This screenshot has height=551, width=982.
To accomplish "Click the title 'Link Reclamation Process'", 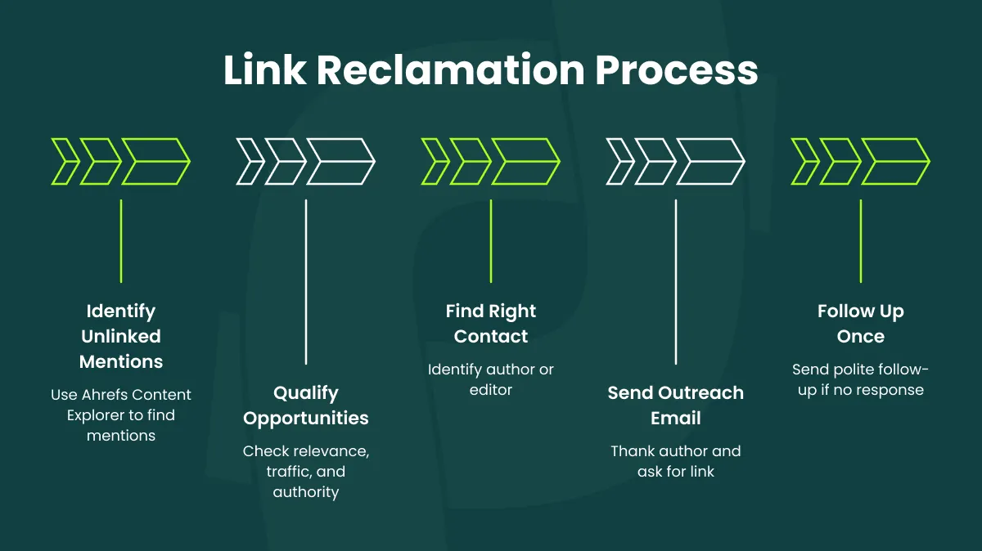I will (490, 70).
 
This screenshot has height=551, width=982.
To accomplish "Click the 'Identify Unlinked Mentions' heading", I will (121, 336).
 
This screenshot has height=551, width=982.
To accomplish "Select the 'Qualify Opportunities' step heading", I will (306, 405).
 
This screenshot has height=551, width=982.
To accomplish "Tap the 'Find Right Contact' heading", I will (491, 324).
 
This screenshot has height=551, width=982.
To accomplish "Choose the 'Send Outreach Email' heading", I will (675, 405).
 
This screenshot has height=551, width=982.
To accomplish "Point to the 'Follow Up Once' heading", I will (860, 324).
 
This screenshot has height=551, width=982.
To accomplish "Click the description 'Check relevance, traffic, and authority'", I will (306, 472).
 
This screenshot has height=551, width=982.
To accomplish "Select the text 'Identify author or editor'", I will (491, 379).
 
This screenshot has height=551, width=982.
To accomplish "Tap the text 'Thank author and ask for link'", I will (675, 461).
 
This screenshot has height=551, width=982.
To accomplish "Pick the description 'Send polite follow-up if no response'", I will (860, 380).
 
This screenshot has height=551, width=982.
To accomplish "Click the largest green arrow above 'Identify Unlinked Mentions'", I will (157, 161).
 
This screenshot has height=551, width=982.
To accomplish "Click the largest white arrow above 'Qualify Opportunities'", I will (342, 161).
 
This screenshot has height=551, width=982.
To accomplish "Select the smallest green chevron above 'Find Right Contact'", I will (434, 161).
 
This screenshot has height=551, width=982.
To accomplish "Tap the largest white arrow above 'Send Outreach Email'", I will (712, 161).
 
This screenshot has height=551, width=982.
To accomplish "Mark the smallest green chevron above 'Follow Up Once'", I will (804, 161).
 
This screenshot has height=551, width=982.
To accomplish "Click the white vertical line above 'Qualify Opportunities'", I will (306, 282).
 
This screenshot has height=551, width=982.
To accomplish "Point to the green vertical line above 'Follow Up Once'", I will (860, 241).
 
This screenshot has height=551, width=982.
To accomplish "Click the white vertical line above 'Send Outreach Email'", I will (675, 282).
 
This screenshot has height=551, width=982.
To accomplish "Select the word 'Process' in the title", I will (676, 70).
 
